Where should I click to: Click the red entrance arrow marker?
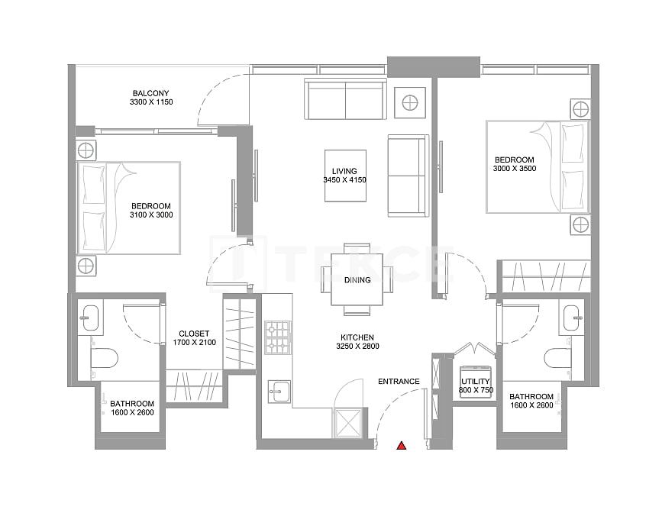pos(399,446)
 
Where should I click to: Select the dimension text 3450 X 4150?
pos(344,180)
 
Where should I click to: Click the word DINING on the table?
pos(357,280)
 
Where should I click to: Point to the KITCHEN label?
pos(357,337)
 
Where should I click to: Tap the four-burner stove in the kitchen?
pos(277,338)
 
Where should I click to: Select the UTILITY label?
pos(475,381)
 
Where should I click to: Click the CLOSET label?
pos(194,333)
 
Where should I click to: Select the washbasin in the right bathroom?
pos(572,316)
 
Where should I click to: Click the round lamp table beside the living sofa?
pos(411,102)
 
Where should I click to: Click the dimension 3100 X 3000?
pos(151,215)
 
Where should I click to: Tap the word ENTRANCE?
pos(399,382)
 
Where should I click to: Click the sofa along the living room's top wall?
pos(345,99)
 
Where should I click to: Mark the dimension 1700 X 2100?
pos(194,343)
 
